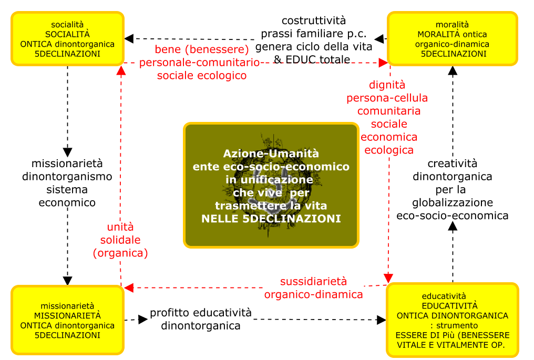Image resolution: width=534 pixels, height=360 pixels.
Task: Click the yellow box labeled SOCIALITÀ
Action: [x=67, y=39]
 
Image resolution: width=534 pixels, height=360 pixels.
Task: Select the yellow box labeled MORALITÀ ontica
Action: [x=452, y=39]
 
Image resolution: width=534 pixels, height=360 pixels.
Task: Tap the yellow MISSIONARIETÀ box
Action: [x=67, y=320]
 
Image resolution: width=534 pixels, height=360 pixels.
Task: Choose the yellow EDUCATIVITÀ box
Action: [x=452, y=320]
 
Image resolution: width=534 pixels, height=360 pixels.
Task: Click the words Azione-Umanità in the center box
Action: [x=271, y=153]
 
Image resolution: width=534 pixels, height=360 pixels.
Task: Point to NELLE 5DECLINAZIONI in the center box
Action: [x=271, y=219]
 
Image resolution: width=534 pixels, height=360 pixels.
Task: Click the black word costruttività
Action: [x=314, y=21]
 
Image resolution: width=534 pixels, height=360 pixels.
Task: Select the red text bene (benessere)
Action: [x=202, y=49]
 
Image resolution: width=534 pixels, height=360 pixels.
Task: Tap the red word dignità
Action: [x=387, y=85]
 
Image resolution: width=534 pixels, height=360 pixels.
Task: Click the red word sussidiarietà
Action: [x=313, y=281]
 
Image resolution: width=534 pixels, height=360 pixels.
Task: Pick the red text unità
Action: [x=120, y=227]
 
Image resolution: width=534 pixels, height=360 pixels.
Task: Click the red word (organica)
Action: [x=120, y=253]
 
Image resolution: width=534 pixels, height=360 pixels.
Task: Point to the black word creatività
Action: [x=452, y=164]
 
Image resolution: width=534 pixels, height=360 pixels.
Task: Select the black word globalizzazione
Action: [x=452, y=203]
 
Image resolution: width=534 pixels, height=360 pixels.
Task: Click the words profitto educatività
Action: [x=201, y=313]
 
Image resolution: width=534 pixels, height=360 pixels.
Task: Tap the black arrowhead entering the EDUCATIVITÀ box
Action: [x=382, y=320]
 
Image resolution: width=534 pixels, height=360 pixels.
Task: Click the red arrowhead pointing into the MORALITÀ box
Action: [x=384, y=63]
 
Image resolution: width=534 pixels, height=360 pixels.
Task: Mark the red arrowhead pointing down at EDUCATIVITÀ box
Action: [x=388, y=278]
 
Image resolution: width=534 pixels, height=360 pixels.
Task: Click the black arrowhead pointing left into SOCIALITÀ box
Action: [x=129, y=38]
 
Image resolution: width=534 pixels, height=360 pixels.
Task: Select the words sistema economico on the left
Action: [x=67, y=196]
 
